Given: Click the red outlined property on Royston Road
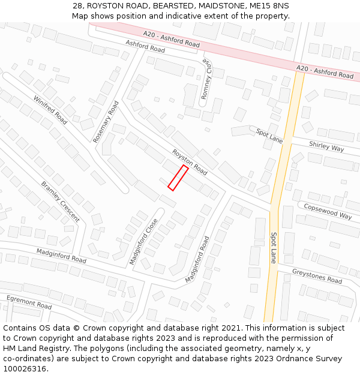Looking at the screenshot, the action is click(178, 178).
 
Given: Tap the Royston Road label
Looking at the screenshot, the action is click(190, 163).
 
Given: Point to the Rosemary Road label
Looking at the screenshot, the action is click(106, 121).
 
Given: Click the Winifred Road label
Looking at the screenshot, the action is click(50, 109).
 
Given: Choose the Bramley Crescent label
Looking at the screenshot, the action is click(60, 202).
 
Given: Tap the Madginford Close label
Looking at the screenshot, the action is click(143, 241).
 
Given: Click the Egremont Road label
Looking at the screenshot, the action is click(29, 302).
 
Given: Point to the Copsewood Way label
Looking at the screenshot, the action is click(328, 211).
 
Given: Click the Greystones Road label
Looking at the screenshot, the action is click(317, 276).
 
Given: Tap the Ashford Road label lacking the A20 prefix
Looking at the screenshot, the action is click(145, 46).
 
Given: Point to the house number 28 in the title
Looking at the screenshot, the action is click(78, 5).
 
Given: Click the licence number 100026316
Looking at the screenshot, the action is click(26, 368).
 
